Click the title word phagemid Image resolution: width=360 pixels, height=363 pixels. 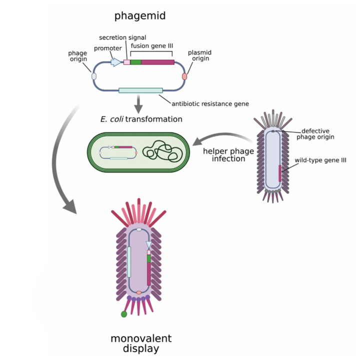139,16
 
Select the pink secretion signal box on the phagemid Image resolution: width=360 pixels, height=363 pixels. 126,62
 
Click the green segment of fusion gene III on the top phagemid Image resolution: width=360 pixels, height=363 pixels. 135,62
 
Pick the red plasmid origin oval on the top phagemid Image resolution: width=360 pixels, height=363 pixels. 184,76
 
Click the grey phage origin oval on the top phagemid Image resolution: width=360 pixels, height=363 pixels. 93,75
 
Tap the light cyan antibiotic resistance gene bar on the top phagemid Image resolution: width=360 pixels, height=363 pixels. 140,90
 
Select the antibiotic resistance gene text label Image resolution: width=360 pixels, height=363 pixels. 210,103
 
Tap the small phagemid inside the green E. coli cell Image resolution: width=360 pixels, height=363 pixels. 118,152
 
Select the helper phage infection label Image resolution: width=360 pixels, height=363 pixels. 222,155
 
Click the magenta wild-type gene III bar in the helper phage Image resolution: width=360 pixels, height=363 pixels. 280,172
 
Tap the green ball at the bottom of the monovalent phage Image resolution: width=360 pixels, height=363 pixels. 123,314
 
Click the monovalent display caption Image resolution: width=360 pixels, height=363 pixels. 137,344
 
